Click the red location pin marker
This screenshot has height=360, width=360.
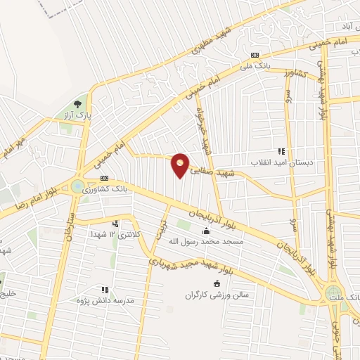(x=181, y=165)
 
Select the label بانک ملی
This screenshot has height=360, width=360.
(x=255, y=66)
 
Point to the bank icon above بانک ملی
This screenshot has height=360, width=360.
(x=255, y=56)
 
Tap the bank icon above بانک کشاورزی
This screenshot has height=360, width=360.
(x=104, y=179)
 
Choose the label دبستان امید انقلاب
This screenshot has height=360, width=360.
(x=281, y=161)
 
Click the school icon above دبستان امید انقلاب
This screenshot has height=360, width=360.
(x=281, y=150)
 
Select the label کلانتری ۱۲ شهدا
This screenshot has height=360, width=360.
(x=113, y=233)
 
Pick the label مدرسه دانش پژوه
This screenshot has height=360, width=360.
(x=105, y=300)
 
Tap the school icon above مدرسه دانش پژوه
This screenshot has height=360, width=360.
(x=105, y=289)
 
